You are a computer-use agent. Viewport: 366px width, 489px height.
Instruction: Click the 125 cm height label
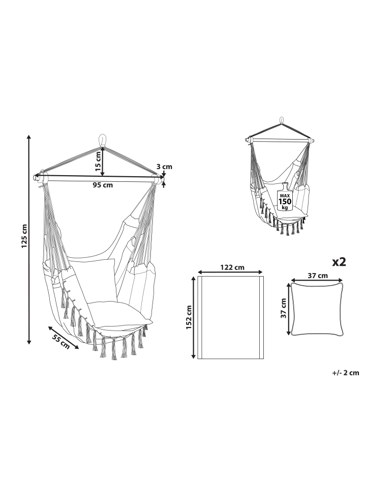click(x=24, y=236)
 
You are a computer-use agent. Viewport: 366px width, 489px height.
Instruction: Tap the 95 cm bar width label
click(x=103, y=185)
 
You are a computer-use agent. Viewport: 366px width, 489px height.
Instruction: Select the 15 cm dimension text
click(x=98, y=161)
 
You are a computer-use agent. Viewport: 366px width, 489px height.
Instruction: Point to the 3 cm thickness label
click(x=164, y=167)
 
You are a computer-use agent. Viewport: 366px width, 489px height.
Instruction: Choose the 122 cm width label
click(x=232, y=267)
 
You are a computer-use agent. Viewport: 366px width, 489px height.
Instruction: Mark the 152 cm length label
click(x=189, y=317)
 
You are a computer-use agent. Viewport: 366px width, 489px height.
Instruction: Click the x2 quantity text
click(x=339, y=262)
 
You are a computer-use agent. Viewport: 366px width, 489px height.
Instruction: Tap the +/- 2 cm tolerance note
click(x=346, y=373)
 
